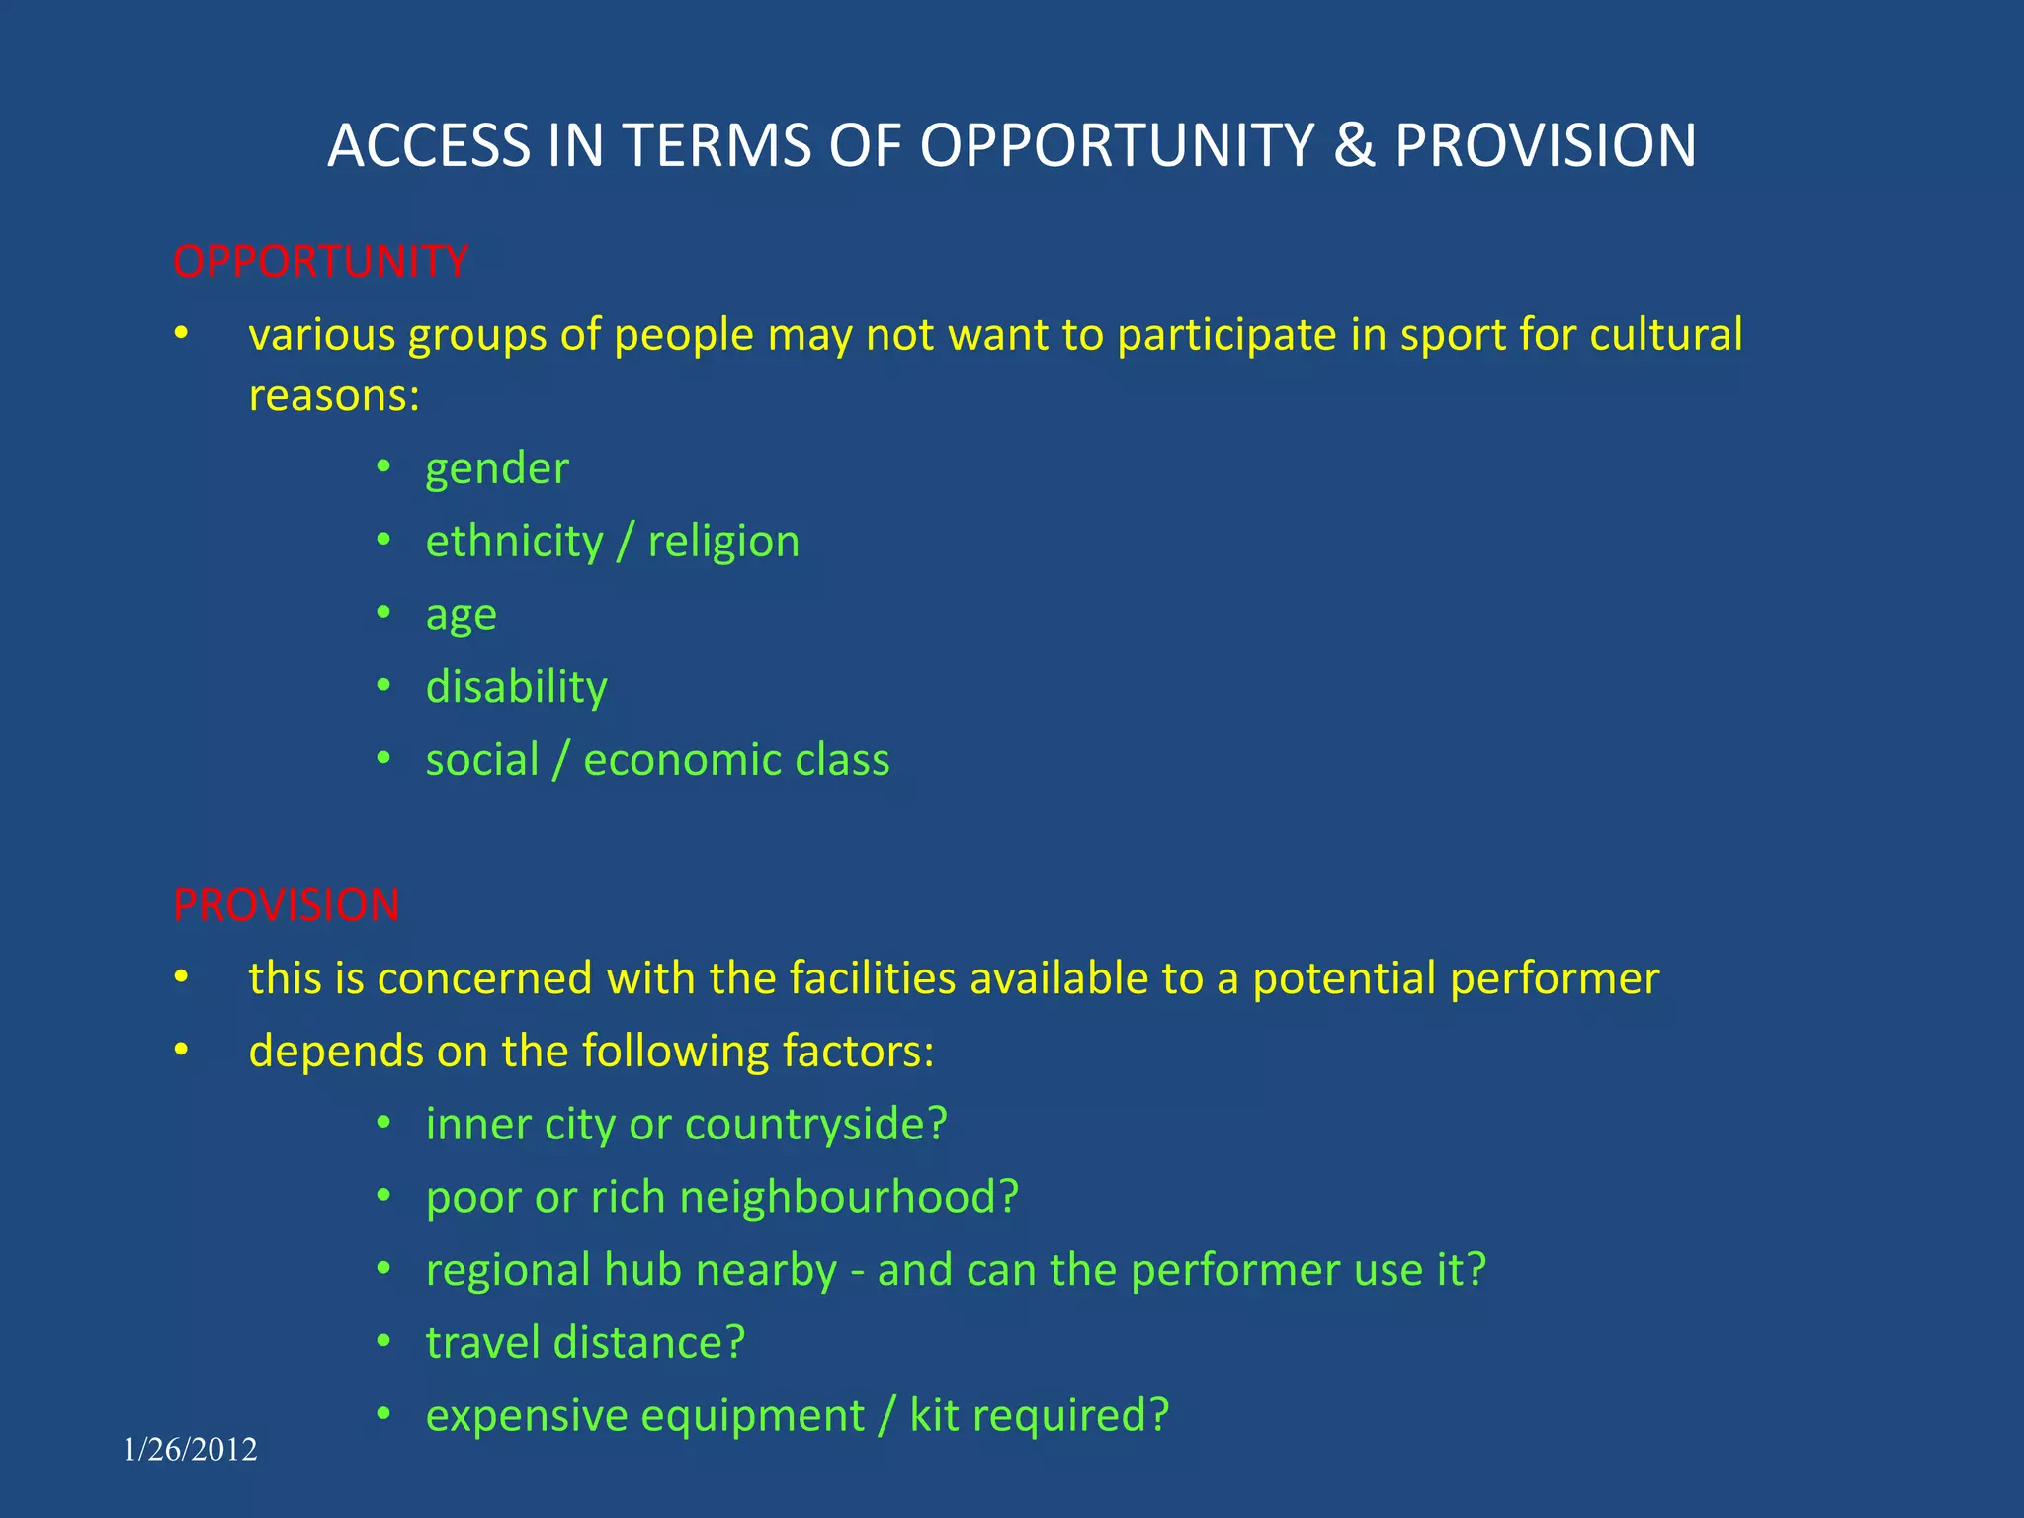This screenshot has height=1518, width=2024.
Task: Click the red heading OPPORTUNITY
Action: pos(320,262)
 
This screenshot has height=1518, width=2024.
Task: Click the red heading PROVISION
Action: pos(287,905)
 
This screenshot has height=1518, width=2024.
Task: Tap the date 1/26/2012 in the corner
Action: pos(191,1449)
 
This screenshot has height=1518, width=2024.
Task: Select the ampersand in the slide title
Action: pos(1354,145)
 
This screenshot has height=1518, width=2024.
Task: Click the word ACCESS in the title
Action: pos(429,145)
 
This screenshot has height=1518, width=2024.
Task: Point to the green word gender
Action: pos(497,469)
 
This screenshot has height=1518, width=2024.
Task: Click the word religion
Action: pos(723,543)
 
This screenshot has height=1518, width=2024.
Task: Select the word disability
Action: pos(517,687)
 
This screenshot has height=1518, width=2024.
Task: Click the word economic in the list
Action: pos(682,760)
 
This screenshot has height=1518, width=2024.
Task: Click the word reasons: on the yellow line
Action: pos(335,396)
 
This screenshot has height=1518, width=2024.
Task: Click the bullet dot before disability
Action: pos(384,685)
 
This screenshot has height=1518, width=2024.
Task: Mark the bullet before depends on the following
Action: pos(180,1050)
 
